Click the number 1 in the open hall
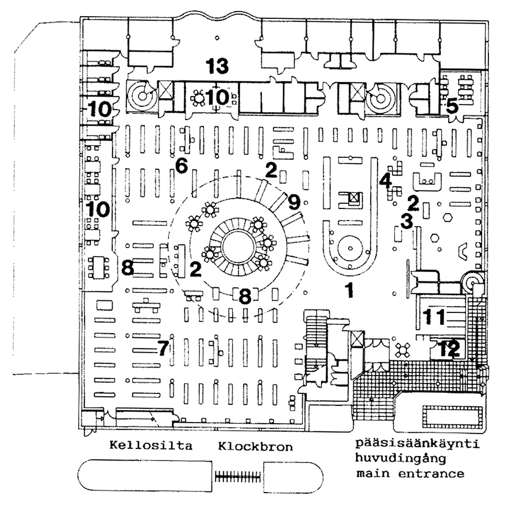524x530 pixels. (x=348, y=290)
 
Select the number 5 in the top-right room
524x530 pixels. (x=452, y=106)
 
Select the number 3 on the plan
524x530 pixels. (x=407, y=220)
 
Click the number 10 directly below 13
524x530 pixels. (x=218, y=96)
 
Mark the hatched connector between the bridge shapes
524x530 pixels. (x=238, y=475)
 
